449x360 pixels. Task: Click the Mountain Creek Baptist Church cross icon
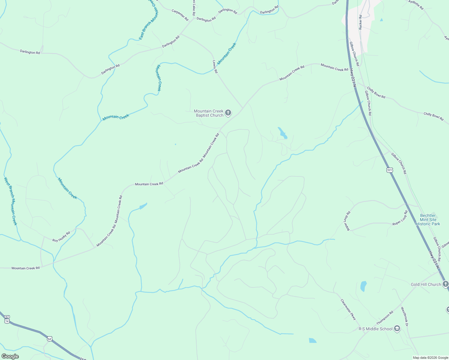coord(228,113)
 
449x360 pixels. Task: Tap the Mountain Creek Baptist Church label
coord(209,113)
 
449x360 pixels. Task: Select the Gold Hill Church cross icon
coord(445,284)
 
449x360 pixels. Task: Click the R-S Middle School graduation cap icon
coord(397,328)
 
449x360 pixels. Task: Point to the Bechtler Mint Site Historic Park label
coord(428,220)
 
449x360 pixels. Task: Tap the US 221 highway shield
coord(390,170)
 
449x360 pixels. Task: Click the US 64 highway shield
coord(50,339)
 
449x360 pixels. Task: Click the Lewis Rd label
coord(215,67)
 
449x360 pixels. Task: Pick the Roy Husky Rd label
coord(61,236)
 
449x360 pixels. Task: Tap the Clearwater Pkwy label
coord(348,309)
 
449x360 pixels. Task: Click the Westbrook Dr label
coord(405,316)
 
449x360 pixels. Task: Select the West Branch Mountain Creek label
coord(11,201)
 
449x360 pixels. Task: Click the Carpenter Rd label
coord(180,15)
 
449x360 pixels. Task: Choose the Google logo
coord(10,356)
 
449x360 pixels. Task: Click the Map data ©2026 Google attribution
coord(430,358)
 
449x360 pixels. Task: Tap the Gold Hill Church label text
coord(426,284)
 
